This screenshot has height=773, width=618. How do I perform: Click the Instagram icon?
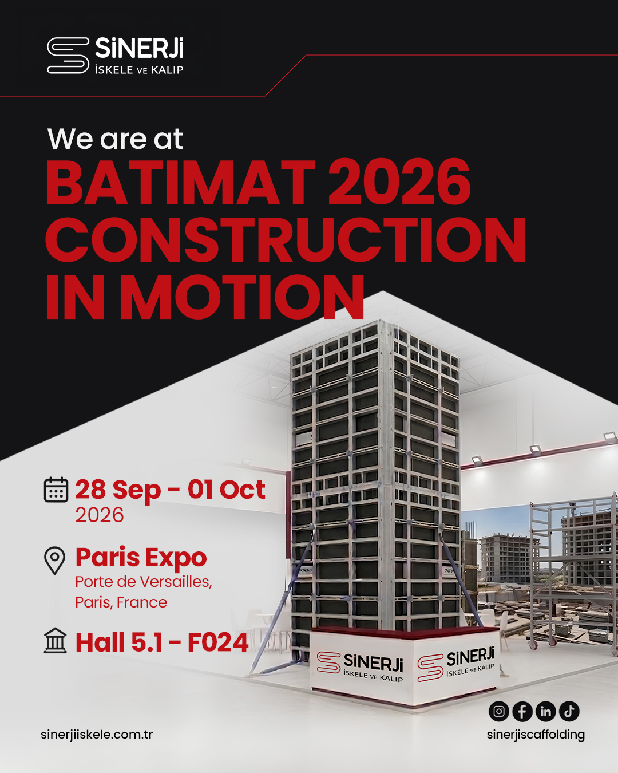(499, 711)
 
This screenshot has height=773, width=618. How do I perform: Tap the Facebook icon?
(522, 711)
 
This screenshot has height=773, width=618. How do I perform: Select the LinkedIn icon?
(545, 711)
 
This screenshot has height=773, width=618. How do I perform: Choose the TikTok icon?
(569, 711)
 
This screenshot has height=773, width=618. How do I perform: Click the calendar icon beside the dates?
(56, 489)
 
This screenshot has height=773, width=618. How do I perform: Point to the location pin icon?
(54, 561)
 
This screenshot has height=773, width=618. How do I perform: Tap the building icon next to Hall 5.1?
(56, 641)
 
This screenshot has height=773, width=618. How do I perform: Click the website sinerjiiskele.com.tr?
(97, 734)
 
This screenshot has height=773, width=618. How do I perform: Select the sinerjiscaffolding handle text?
(536, 735)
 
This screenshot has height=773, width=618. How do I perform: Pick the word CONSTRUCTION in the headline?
(286, 240)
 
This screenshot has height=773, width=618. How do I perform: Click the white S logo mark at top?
(68, 56)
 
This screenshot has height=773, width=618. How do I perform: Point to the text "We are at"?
(115, 139)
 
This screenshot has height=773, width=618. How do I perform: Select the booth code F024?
(218, 642)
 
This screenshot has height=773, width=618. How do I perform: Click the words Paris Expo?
(141, 558)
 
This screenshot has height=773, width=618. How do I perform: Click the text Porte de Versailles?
(144, 582)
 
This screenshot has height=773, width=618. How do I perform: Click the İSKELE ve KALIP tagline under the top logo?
(139, 70)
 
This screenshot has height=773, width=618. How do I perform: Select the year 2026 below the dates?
(100, 515)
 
